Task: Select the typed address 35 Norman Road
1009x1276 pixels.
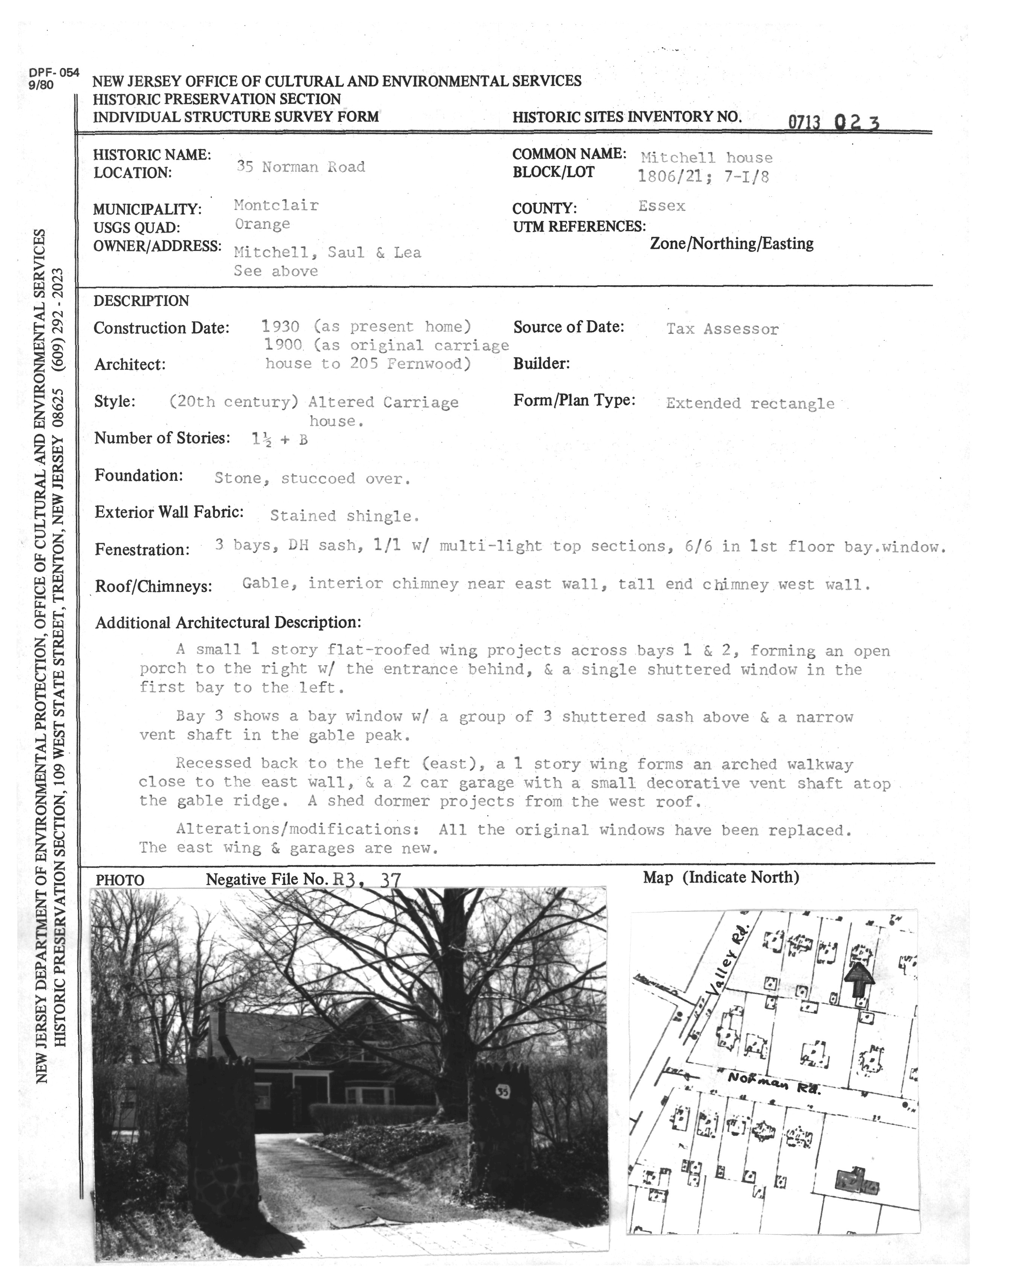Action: click(x=301, y=167)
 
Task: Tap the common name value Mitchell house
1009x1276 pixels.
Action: click(x=707, y=158)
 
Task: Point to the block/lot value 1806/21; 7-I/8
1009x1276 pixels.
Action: click(x=703, y=176)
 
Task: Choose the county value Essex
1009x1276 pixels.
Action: click(x=662, y=206)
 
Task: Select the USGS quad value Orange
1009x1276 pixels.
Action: click(x=262, y=224)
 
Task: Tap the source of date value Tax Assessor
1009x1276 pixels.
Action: click(x=722, y=329)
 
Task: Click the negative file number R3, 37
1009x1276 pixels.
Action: click(x=367, y=880)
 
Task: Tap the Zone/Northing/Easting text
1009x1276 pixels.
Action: click(x=731, y=243)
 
